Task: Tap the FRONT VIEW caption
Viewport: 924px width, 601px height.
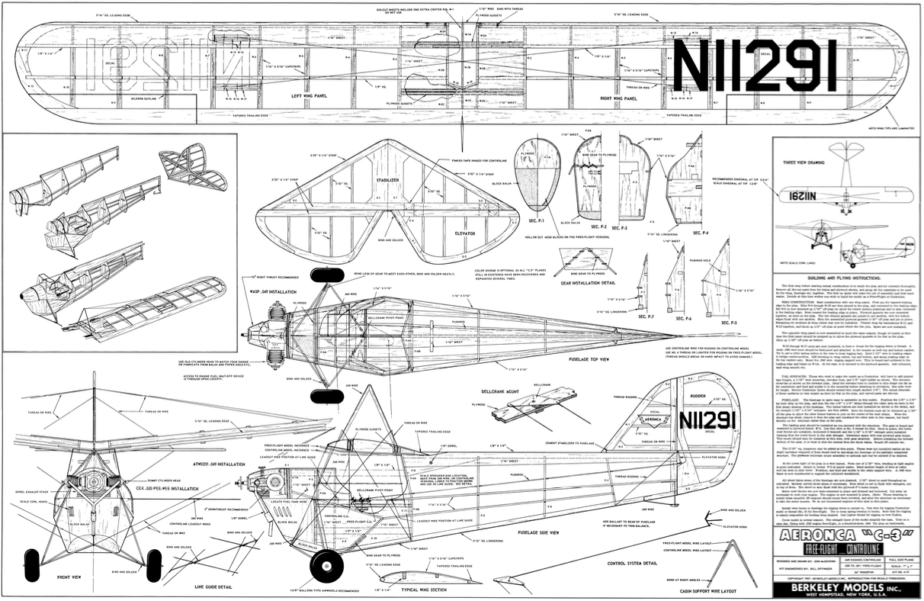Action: [x=69, y=577]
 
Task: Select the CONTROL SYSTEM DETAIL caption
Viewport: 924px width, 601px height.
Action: [x=632, y=563]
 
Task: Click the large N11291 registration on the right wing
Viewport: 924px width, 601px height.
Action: [x=754, y=66]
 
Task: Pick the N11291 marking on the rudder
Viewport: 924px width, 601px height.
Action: [x=707, y=420]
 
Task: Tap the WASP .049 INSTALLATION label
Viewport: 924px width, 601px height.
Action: [x=273, y=291]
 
